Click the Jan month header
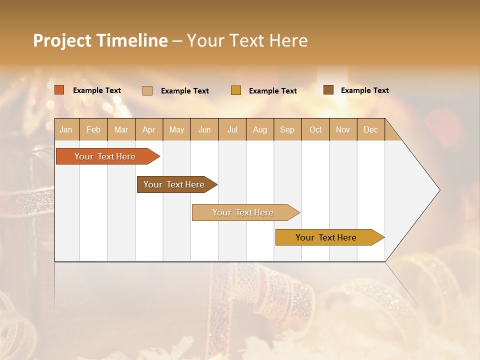coord(66,129)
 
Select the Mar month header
coord(121,129)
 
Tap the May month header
coord(176,129)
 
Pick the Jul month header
coord(232,129)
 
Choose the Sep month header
coord(287,129)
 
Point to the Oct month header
coord(315,129)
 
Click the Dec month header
coord(370,129)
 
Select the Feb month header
coord(93,129)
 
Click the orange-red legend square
coord(59,90)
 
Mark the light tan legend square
coord(147,90)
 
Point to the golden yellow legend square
coord(236,90)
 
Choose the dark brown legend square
coord(328,90)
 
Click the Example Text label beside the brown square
coord(364,90)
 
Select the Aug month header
coord(259,129)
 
